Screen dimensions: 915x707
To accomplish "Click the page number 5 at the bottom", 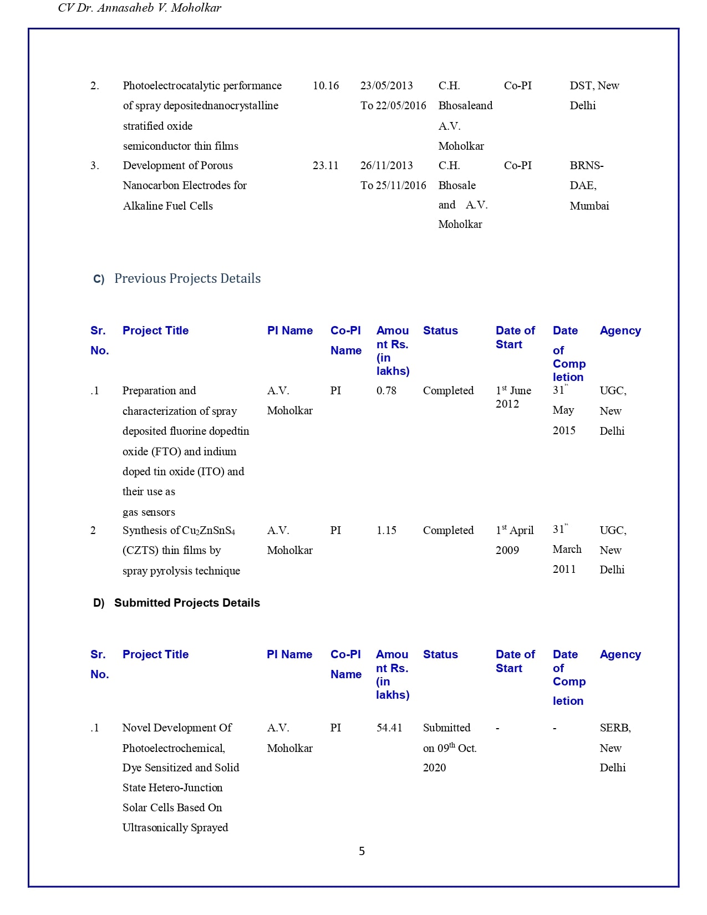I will [x=362, y=851].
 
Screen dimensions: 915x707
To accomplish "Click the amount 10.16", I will [x=325, y=85].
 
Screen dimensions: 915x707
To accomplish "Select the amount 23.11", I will [x=325, y=165].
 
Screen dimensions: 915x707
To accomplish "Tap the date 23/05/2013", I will [x=386, y=85].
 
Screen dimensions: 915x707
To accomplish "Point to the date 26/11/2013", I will [x=386, y=165].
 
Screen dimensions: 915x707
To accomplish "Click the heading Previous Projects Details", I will [x=187, y=278].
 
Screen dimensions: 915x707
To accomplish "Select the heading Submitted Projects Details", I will [x=187, y=603].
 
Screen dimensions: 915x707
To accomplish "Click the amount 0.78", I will [x=386, y=390].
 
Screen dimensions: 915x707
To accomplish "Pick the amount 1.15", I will [x=386, y=530].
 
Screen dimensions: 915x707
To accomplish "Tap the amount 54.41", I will [x=389, y=728].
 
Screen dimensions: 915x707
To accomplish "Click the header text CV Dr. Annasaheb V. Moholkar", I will [x=140, y=8].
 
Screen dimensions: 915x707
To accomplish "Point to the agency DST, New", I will [x=594, y=85].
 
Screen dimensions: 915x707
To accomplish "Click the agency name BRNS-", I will [x=587, y=165].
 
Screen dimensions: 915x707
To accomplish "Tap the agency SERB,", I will [x=615, y=728].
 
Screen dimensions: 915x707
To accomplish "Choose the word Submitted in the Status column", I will [x=446, y=728].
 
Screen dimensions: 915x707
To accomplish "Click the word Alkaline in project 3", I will [x=140, y=206].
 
